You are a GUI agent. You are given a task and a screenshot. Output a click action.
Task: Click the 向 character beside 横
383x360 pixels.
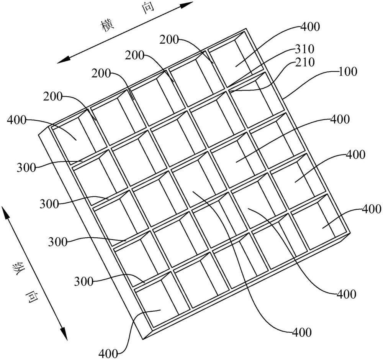point(147,8)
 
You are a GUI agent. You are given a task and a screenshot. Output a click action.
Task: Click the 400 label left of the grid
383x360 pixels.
point(16,120)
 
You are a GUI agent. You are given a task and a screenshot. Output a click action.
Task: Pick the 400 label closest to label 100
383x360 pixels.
point(340,119)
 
